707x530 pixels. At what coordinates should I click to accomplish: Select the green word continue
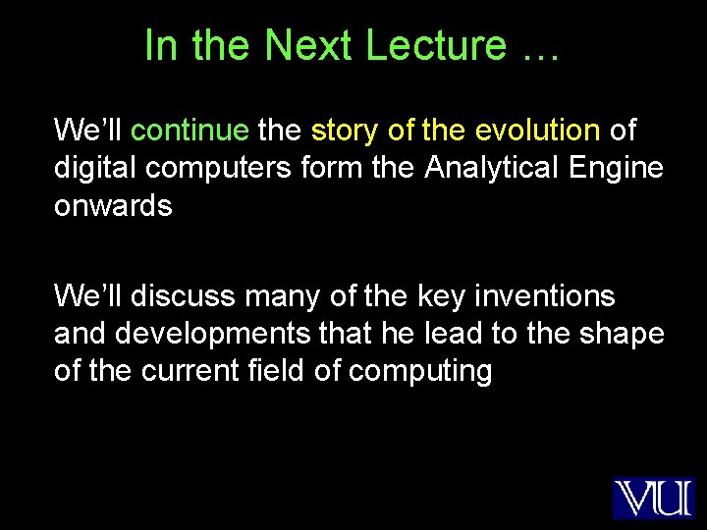[190, 130]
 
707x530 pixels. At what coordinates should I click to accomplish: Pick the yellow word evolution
[537, 130]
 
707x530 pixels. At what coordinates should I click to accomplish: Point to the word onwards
[113, 206]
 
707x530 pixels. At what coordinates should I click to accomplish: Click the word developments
[217, 334]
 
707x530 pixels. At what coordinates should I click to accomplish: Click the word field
[293, 372]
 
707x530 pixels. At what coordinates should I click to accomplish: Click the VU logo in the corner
[653, 498]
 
